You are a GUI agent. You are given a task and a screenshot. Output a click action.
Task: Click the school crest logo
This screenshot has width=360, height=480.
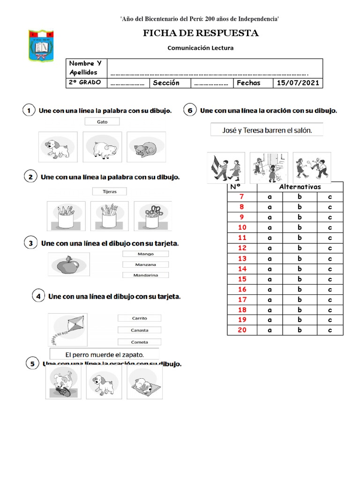coord(41,46)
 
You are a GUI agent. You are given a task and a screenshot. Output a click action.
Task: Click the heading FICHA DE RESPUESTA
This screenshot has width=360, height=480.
coord(201,33)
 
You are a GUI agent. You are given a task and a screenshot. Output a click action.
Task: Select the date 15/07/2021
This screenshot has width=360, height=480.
coord(298,83)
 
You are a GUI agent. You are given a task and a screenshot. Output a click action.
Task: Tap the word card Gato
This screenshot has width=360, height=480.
coord(102,121)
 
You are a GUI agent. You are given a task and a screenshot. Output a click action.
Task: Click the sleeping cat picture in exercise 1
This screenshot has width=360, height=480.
coord(146,147)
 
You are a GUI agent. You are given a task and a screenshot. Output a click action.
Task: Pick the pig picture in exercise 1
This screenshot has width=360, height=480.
coord(102,147)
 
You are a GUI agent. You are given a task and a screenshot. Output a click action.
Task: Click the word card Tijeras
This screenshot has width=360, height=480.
coord(110,191)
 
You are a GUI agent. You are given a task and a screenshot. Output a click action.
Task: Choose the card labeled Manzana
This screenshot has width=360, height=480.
coord(145,264)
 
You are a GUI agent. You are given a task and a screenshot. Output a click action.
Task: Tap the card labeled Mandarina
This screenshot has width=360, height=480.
coord(145,275)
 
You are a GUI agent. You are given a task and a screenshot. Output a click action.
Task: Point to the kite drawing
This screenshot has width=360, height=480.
coord(68,328)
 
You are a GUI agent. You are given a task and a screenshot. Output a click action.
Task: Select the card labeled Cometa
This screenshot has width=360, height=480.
coord(140,342)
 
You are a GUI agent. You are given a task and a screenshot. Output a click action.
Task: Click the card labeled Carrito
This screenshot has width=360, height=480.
coord(140,318)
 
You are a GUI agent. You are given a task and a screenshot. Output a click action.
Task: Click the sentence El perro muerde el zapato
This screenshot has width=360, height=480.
coord(105,354)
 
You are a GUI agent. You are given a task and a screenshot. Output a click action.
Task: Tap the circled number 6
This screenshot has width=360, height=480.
coord(189,111)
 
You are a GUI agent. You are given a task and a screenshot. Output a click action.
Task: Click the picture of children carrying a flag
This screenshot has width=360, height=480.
coord(223,168)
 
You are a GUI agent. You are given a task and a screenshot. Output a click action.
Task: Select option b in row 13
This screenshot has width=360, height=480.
coord(300,258)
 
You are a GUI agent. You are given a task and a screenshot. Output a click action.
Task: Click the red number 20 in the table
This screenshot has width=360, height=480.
coord(242,330)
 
